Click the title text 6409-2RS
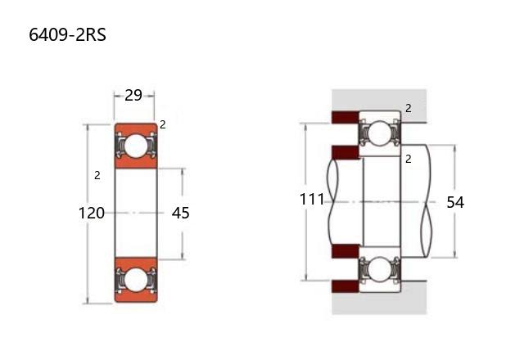point(67,34)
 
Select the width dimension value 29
point(133,96)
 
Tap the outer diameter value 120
point(91,213)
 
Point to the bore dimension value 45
point(180,213)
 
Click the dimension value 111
point(312,200)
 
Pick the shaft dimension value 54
point(455,202)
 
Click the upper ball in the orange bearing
point(136,146)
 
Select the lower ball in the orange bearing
point(136,280)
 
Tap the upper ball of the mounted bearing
point(380,133)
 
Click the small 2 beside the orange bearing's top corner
point(163,125)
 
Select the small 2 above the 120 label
point(97,175)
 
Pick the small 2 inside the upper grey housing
point(409,108)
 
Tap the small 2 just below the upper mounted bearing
point(408,160)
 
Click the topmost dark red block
point(346,117)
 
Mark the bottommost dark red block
point(346,286)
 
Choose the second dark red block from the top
point(346,152)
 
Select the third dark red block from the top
point(346,251)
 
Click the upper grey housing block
point(379,100)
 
